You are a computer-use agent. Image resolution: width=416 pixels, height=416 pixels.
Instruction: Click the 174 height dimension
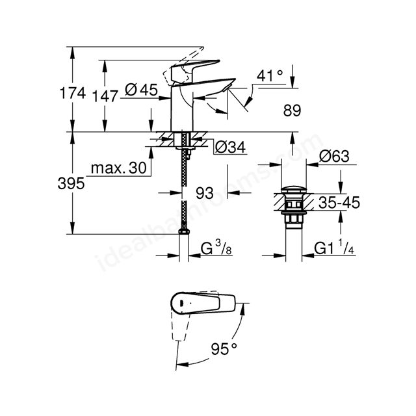click(73, 93)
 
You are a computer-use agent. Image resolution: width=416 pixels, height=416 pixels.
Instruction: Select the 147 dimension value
click(105, 96)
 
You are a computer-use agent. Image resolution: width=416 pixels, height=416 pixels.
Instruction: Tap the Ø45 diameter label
click(141, 90)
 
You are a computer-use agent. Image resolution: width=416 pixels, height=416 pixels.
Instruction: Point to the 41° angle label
click(270, 75)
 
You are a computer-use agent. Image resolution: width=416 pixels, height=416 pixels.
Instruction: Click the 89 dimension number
click(292, 110)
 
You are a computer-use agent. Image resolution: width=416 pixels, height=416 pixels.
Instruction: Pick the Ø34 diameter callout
click(230, 147)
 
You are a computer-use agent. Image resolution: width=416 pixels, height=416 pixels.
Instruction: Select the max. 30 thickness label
click(118, 168)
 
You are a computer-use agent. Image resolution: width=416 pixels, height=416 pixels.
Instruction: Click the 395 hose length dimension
click(71, 183)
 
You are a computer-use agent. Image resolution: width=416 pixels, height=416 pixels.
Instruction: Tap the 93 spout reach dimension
click(205, 193)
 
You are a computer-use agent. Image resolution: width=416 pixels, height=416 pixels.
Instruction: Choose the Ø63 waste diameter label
click(334, 156)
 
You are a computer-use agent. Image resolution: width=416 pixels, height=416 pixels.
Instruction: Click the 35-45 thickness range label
click(339, 202)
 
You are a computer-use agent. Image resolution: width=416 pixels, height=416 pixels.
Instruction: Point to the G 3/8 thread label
click(216, 248)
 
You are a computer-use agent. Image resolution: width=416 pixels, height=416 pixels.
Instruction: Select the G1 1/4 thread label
click(334, 248)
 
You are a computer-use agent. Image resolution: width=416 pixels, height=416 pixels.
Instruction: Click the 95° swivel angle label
click(224, 349)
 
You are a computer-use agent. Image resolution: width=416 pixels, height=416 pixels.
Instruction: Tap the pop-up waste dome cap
click(294, 190)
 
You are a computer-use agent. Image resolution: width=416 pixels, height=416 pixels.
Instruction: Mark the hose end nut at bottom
click(184, 231)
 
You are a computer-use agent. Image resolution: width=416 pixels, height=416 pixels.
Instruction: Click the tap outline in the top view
click(203, 303)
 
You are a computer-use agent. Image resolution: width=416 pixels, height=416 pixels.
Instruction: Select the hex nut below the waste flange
click(294, 219)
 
